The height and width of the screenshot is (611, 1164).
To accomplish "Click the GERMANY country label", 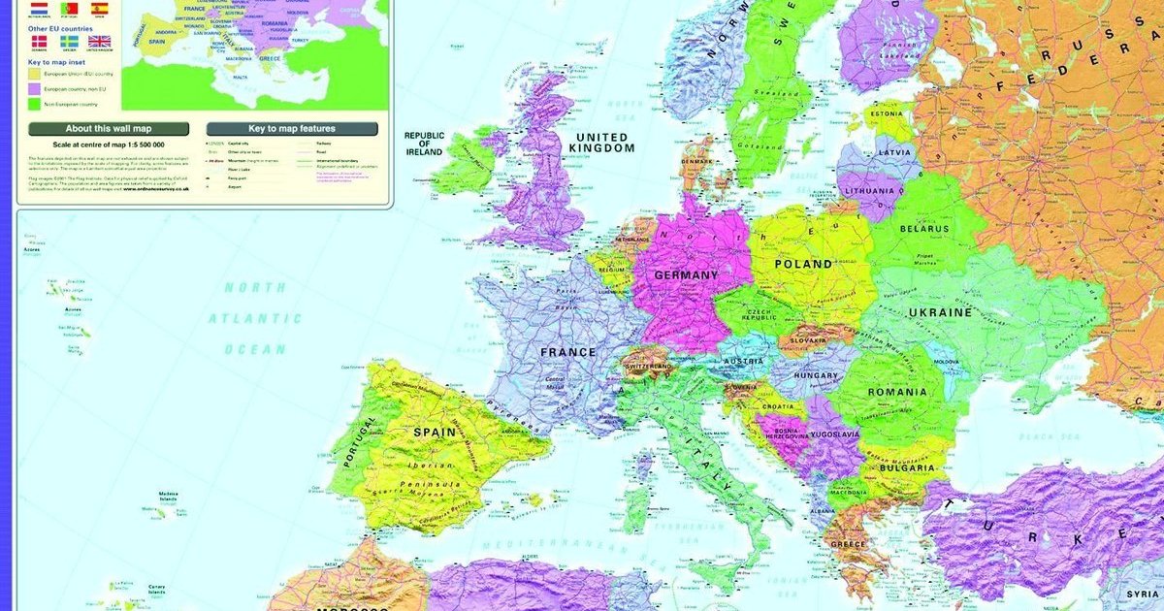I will point(687,274).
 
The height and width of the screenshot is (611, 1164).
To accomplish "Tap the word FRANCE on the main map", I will point(568,352).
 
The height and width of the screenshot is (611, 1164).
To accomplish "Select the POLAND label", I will point(803,264).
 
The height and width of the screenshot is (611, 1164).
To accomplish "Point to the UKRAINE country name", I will point(940,312).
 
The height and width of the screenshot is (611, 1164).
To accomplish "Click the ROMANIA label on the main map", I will point(897,392).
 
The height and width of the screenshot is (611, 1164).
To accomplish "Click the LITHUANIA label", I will point(869,191).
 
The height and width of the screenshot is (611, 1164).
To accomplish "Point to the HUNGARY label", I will point(816,375).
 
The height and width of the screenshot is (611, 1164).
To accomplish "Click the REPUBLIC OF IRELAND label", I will point(424,144).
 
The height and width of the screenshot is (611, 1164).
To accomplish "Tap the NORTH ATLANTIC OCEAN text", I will point(255,318).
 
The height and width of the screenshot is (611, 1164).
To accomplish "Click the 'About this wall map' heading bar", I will point(108,128).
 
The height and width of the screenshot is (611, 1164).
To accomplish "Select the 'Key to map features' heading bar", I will point(291,128).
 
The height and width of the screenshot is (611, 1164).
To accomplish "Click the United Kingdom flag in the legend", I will point(99,42).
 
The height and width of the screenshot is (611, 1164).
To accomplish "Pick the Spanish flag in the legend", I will point(99,8).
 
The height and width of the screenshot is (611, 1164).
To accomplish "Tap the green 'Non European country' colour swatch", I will point(34,102).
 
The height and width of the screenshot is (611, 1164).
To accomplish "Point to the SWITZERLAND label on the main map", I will point(649,368).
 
